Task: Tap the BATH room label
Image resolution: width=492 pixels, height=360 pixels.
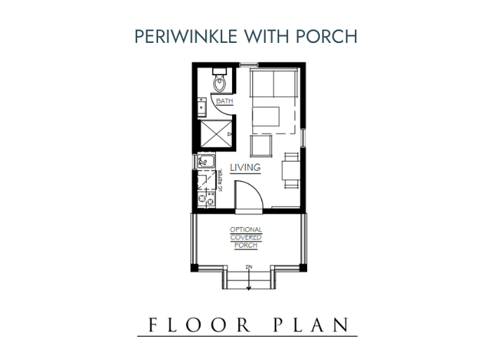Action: [x=224, y=102]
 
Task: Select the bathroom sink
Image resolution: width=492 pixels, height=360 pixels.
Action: [x=202, y=106]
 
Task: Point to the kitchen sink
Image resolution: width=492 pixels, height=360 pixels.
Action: [x=205, y=163]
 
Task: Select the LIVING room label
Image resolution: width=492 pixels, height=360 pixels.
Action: [x=245, y=168]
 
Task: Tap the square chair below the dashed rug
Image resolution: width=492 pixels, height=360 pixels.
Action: [x=261, y=146]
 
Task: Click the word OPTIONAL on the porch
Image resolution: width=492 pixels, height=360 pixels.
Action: [x=246, y=230]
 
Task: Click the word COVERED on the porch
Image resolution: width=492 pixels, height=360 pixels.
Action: [x=246, y=238]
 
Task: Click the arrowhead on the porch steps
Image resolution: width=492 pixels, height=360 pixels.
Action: [x=249, y=286]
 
